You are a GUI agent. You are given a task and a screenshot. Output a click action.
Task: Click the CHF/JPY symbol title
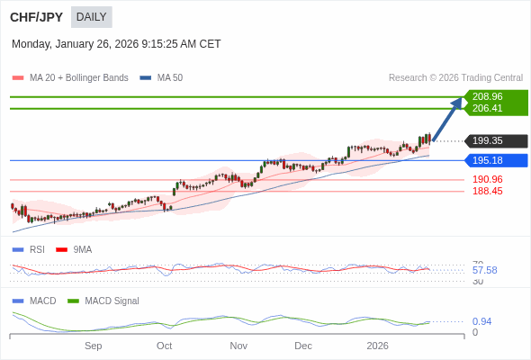tap(36, 16)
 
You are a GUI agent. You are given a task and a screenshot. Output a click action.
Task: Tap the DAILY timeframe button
tap(91, 16)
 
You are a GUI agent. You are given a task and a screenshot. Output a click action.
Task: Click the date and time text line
tap(116, 44)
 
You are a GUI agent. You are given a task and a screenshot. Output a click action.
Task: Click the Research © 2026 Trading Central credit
tap(455, 77)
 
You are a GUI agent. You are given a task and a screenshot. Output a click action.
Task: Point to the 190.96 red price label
tap(487, 179)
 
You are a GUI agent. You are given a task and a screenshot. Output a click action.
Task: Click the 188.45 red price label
tap(487, 191)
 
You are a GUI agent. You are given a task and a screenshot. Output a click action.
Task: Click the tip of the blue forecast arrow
tap(461, 98)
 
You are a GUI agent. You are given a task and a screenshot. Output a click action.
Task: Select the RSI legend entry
tap(36, 249)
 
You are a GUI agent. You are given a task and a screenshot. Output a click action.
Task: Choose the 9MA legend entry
tap(82, 249)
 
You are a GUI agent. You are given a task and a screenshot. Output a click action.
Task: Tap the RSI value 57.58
tap(484, 270)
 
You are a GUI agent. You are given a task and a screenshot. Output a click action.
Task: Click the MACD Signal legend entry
tap(112, 301)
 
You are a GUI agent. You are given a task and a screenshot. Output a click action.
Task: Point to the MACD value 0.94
tap(481, 321)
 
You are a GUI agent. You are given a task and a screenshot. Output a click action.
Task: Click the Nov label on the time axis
tap(238, 346)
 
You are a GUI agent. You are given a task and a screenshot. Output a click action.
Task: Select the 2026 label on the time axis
tap(377, 346)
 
